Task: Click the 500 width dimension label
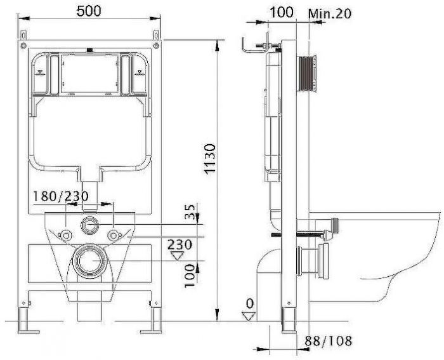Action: [89, 11]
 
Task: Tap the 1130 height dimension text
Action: [211, 159]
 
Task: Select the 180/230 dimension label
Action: [61, 196]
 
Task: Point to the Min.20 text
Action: [330, 13]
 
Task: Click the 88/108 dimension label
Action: [328, 341]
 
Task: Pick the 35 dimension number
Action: [190, 212]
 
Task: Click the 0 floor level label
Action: [249, 303]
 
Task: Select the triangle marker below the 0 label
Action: [249, 316]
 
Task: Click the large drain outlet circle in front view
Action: [90, 261]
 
